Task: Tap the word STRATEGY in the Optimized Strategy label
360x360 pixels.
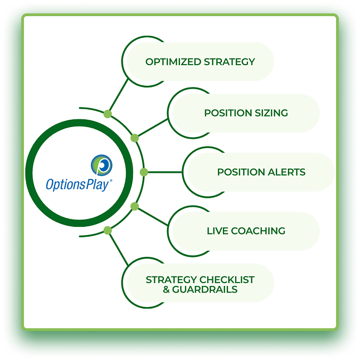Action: (227, 62)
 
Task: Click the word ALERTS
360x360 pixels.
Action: (285, 172)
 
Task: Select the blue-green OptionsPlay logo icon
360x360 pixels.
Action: (102, 165)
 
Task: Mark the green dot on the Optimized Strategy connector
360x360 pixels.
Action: (108, 114)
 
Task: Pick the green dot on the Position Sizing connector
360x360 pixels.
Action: (134, 138)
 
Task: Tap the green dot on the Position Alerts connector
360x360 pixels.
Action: (144, 172)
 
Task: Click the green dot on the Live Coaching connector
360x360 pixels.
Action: (134, 207)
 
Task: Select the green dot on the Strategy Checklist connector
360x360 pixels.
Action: (108, 230)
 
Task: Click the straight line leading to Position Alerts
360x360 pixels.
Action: (164, 172)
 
